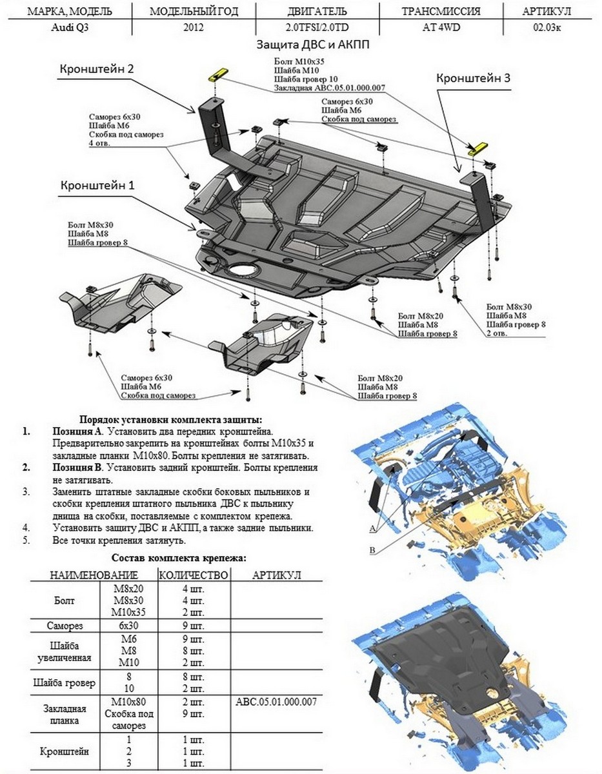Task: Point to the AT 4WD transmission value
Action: pyautogui.click(x=441, y=28)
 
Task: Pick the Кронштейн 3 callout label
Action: pyautogui.click(x=474, y=77)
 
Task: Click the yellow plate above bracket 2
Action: pyautogui.click(x=216, y=74)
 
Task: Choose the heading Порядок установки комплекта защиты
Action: pyautogui.click(x=170, y=419)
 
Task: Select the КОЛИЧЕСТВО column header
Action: pyautogui.click(x=194, y=575)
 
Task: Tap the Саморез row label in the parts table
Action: pyautogui.click(x=65, y=626)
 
